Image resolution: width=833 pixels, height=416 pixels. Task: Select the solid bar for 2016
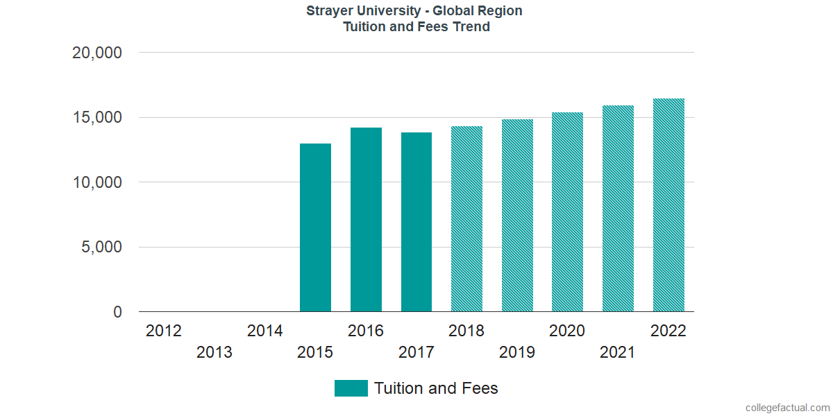pos(366,220)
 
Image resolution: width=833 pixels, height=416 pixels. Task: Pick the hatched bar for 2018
pos(466,219)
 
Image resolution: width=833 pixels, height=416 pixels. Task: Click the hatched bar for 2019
pos(517,216)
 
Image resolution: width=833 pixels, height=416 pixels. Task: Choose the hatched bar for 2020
pos(567,212)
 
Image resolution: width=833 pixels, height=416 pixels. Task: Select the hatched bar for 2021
pos(618,209)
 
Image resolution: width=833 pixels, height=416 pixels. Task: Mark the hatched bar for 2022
pos(668,205)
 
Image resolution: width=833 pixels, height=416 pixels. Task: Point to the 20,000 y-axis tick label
pos(97,53)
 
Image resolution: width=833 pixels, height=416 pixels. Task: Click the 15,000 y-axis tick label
pos(97,118)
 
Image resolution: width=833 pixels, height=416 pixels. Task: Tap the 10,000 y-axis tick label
pos(97,182)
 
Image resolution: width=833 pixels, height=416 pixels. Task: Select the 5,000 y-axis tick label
pos(102,248)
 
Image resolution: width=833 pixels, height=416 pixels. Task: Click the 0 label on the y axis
pos(118,313)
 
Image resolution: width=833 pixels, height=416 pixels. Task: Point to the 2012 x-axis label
pos(164,331)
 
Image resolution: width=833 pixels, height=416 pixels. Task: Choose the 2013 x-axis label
pos(214,353)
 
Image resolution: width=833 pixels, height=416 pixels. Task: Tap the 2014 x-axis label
pos(264,331)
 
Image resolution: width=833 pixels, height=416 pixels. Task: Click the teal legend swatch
pos(351,388)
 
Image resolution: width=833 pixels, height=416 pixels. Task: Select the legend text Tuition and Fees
pos(436,388)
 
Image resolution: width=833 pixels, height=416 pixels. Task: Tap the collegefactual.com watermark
pos(787,408)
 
